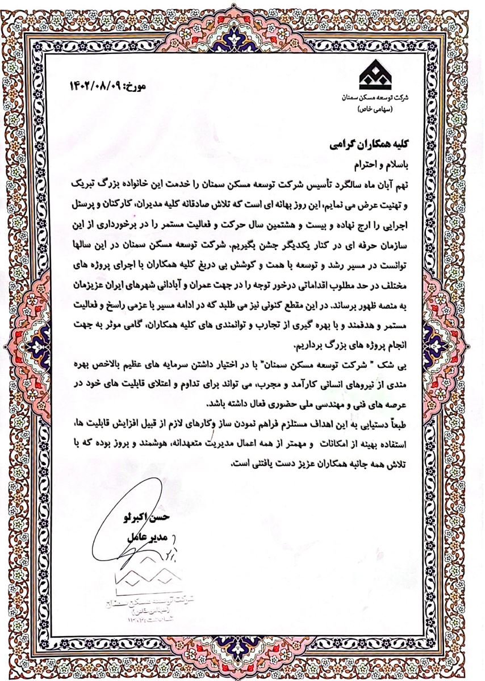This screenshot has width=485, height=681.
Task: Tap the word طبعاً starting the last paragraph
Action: tap(405, 423)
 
